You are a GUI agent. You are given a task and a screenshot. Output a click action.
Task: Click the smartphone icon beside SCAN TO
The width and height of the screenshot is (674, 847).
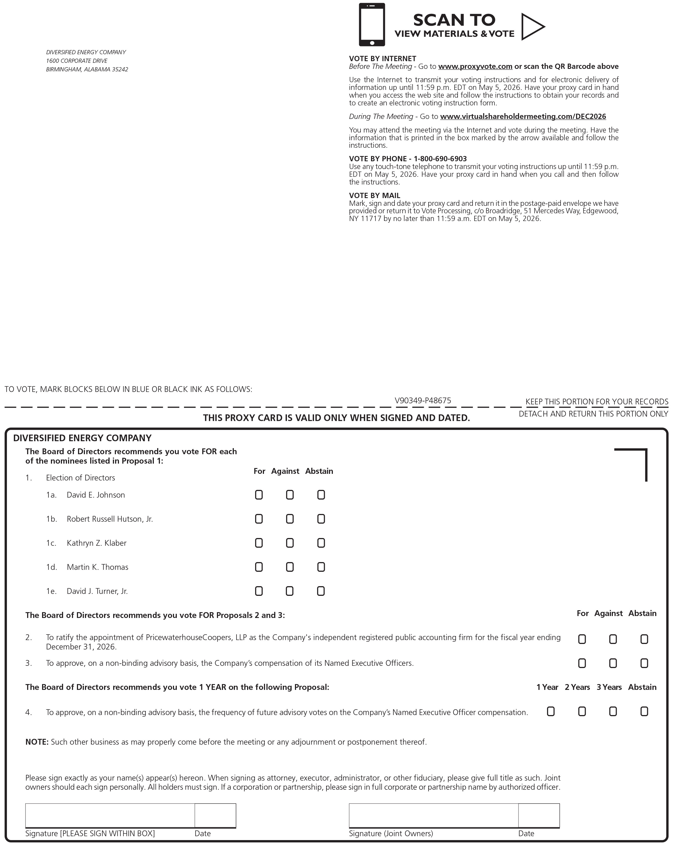pyautogui.click(x=371, y=24)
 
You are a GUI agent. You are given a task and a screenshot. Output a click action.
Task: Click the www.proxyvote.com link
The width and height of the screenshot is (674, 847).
pyautogui.click(x=475, y=66)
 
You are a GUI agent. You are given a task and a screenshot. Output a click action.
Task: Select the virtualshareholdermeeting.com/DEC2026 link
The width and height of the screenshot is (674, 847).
pyautogui.click(x=523, y=117)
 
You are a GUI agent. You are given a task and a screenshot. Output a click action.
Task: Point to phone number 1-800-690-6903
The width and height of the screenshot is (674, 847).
pyautogui.click(x=440, y=159)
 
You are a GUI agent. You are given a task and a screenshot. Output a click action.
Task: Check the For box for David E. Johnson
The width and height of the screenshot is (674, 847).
pyautogui.click(x=259, y=495)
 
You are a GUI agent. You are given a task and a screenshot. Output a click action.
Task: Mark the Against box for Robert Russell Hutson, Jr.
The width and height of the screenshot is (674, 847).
pyautogui.click(x=290, y=519)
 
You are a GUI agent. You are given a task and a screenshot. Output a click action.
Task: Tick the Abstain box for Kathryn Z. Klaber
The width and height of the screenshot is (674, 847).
pyautogui.click(x=321, y=543)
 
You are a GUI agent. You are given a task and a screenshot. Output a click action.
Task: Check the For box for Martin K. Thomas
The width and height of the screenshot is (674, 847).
pyautogui.click(x=259, y=567)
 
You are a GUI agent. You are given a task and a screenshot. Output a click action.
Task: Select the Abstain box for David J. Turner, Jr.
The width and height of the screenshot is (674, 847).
pyautogui.click(x=321, y=591)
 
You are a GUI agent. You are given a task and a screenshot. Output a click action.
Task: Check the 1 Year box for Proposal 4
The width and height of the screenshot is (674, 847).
pyautogui.click(x=551, y=711)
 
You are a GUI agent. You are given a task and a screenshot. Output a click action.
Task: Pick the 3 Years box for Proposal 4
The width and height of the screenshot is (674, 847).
pyautogui.click(x=613, y=711)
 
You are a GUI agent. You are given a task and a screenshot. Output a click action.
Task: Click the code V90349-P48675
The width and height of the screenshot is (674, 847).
pyautogui.click(x=423, y=401)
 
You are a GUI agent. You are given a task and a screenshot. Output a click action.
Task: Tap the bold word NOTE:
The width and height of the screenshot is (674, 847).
pyautogui.click(x=37, y=742)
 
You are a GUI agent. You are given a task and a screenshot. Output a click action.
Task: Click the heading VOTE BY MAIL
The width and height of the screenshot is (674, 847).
pyautogui.click(x=375, y=196)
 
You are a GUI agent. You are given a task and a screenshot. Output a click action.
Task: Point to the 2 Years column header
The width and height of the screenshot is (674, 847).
pyautogui.click(x=577, y=687)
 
